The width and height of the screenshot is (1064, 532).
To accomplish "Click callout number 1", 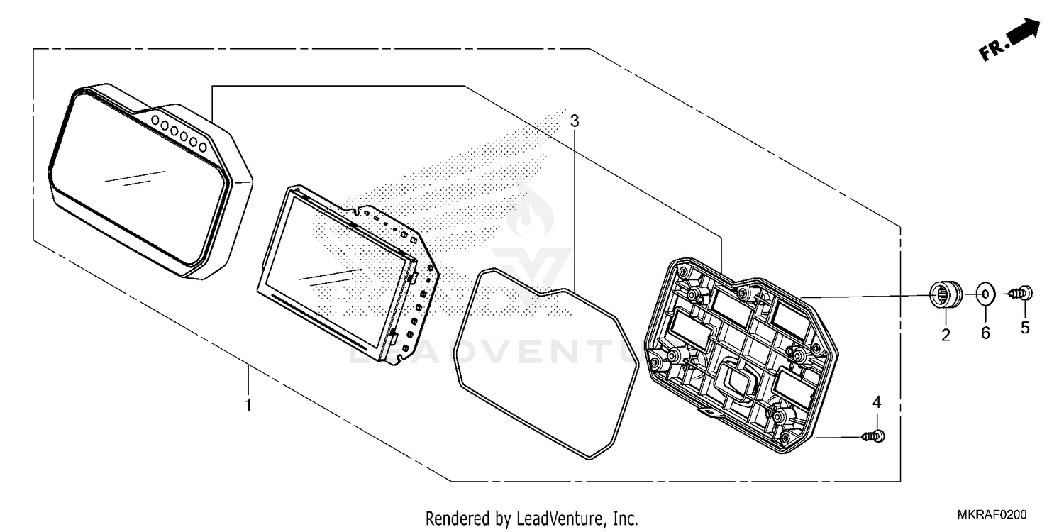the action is [248, 405].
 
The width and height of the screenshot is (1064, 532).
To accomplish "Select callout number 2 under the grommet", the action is [946, 335].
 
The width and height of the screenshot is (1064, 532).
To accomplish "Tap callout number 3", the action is [575, 121].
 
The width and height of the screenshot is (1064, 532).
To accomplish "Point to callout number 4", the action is [876, 402].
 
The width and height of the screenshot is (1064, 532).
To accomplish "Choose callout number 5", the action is [1024, 328].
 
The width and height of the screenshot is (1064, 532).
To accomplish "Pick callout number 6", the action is [985, 333].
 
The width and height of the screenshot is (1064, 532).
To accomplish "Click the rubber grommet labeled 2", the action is [945, 294].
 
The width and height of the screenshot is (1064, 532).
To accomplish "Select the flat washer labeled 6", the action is [985, 295].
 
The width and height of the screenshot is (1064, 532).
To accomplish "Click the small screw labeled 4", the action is [873, 436].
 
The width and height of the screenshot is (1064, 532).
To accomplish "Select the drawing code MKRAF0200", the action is [992, 514].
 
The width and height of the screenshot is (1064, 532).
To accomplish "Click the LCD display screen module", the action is [348, 275].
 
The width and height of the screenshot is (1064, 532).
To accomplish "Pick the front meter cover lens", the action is [150, 181].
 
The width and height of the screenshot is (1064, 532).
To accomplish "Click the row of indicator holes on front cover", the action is [179, 133].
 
